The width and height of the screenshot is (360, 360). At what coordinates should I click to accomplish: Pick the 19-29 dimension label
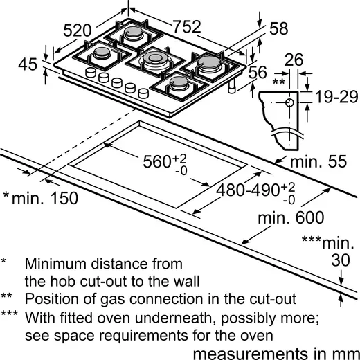coord(333,96)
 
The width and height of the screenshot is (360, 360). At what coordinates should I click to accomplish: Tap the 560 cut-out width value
coord(154,161)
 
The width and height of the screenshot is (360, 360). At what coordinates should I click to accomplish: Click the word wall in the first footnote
coord(184,281)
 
